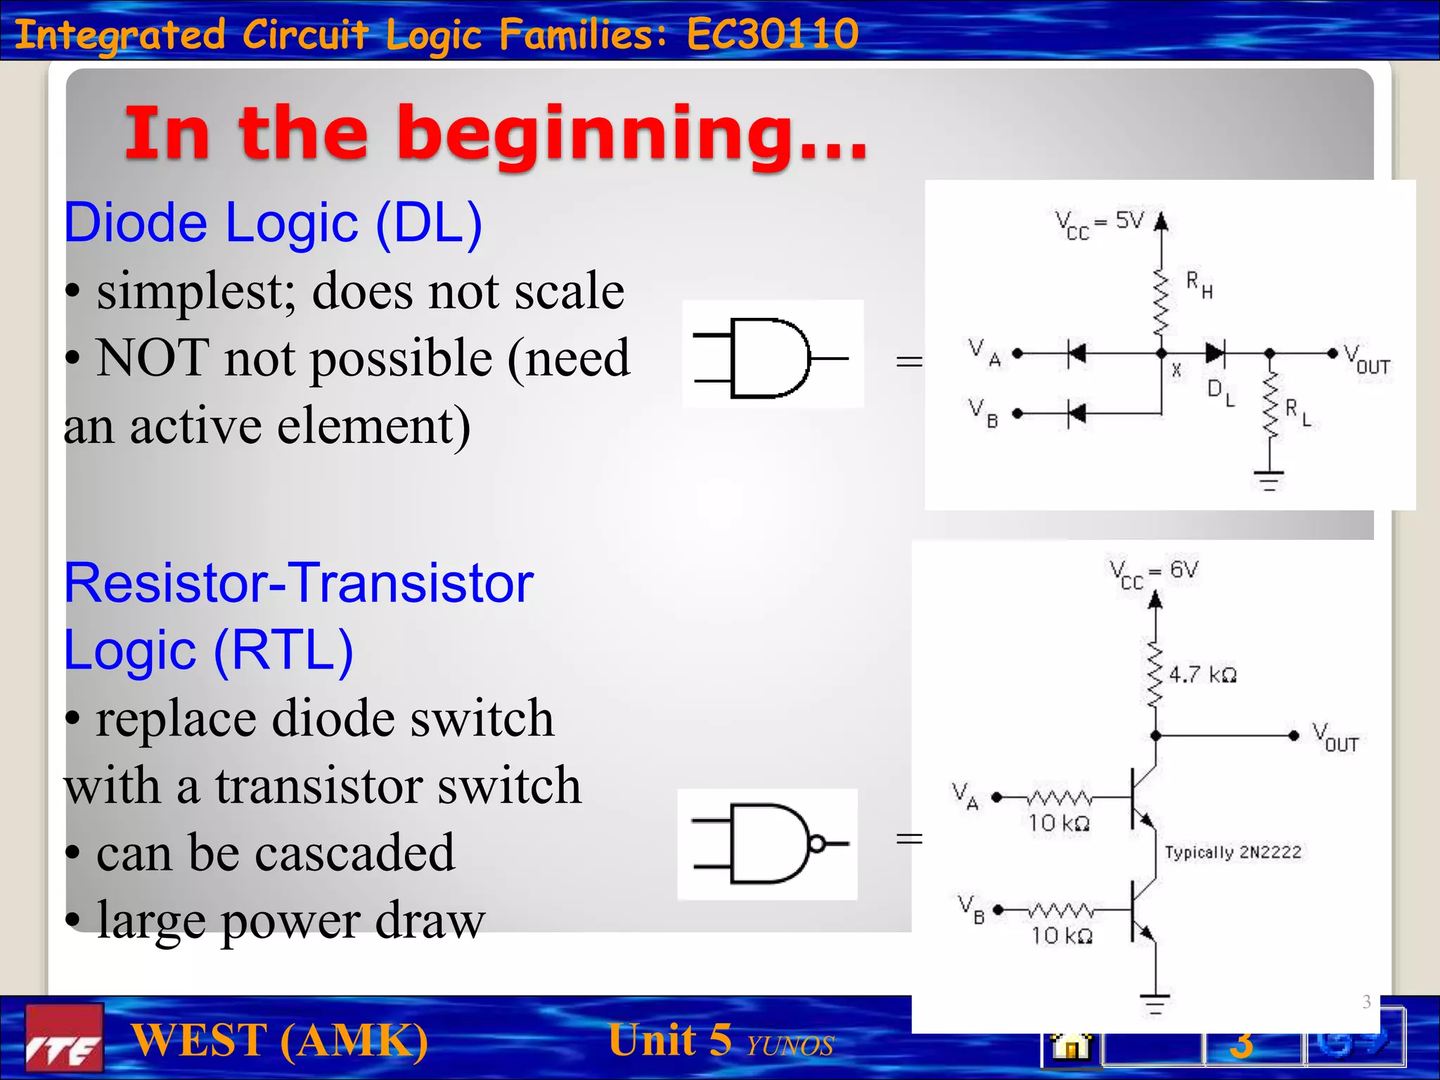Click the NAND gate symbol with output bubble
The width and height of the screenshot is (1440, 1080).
point(770,843)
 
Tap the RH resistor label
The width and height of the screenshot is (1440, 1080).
point(1199,284)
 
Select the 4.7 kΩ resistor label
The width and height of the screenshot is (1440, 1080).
point(1202,675)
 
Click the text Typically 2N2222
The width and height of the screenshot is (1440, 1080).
point(1233,852)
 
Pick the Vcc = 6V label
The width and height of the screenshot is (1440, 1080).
point(1153,573)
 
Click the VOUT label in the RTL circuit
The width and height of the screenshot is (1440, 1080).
point(1335,737)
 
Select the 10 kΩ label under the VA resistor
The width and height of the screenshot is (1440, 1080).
point(1059,823)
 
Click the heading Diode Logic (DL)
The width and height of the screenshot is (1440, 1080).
point(273,223)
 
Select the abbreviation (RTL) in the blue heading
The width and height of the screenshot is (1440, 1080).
point(283,650)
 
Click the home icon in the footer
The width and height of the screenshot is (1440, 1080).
point(1071,1046)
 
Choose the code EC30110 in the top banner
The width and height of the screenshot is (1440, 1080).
point(772,34)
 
